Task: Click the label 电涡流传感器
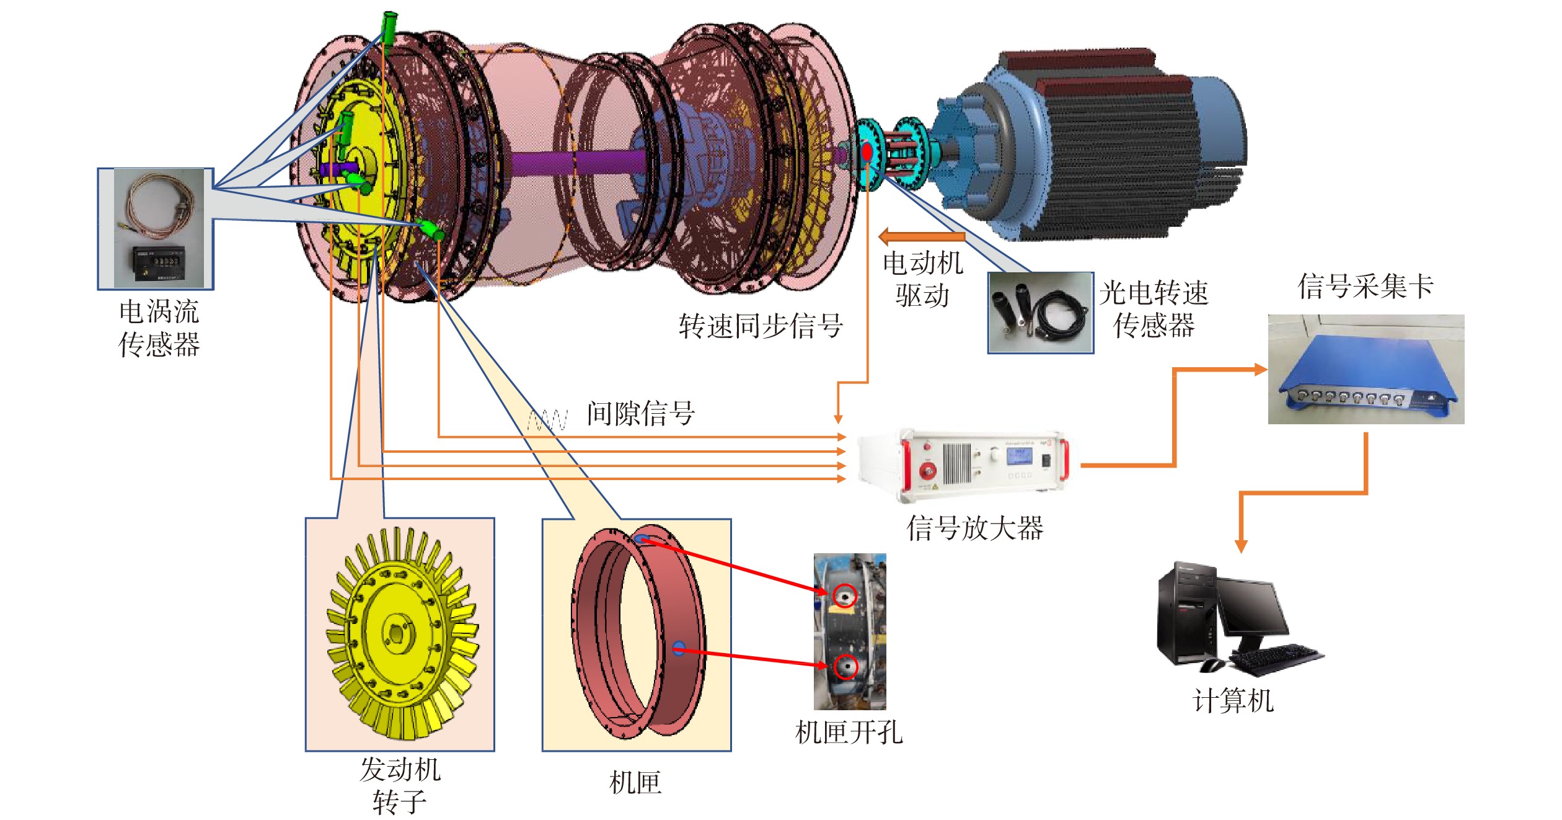point(159,328)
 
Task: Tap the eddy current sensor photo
point(159,228)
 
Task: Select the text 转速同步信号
point(761,326)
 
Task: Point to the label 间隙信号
point(641,413)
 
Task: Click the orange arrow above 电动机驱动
point(922,236)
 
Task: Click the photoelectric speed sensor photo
point(1041,313)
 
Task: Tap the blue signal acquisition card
point(1366,370)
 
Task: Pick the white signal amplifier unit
point(963,464)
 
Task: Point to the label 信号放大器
point(975,528)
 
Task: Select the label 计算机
point(1233,701)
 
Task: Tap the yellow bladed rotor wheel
point(402,633)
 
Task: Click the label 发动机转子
point(400,785)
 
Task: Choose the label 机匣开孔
point(849,733)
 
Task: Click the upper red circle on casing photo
point(844,596)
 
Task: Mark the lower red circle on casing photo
point(845,667)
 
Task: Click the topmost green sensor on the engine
point(389,27)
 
